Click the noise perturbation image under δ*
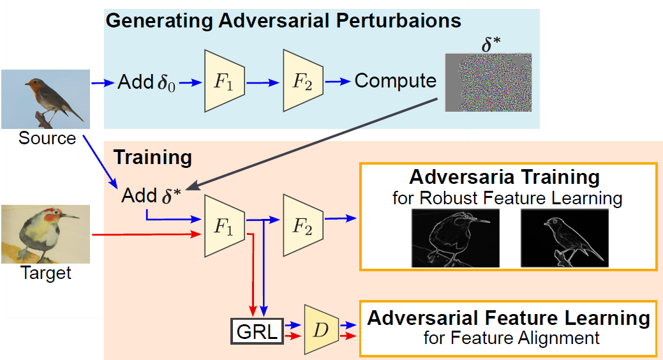(x=488, y=82)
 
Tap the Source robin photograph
(x=45, y=100)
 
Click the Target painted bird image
(x=45, y=234)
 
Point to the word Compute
(x=395, y=82)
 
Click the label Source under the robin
(x=47, y=139)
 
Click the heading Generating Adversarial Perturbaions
(x=283, y=20)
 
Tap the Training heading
(x=152, y=157)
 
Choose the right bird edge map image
(x=564, y=239)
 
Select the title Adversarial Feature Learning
(x=509, y=318)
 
